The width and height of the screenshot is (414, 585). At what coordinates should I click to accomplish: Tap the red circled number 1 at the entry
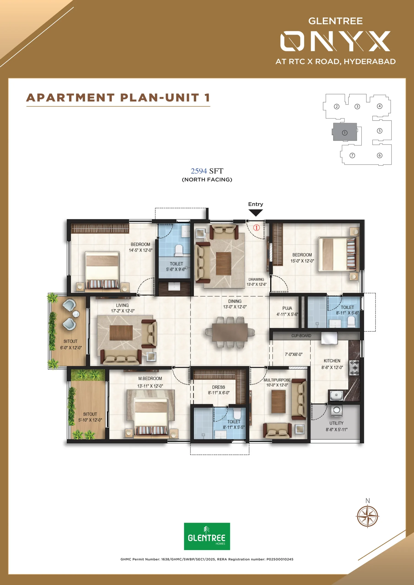click(x=256, y=228)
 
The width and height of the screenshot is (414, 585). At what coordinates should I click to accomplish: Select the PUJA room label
click(x=287, y=308)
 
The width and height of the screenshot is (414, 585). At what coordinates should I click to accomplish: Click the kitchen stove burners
click(x=354, y=368)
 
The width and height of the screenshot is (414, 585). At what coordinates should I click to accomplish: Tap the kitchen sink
click(x=336, y=395)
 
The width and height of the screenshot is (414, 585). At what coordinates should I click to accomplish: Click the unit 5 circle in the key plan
click(x=379, y=131)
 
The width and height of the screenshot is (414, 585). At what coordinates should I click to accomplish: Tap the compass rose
click(x=367, y=516)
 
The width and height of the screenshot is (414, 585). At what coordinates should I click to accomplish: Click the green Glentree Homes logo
click(x=207, y=536)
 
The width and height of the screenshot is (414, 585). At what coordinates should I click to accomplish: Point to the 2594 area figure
click(x=199, y=171)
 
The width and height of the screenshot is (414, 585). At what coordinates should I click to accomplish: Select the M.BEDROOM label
click(x=150, y=379)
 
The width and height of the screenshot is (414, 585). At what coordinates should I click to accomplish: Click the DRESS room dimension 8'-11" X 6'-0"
click(x=219, y=393)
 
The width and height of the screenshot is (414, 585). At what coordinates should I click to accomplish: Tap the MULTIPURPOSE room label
click(x=277, y=380)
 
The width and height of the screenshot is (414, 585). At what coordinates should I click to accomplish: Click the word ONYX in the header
click(x=335, y=41)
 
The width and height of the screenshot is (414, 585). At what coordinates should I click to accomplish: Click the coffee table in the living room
click(x=121, y=333)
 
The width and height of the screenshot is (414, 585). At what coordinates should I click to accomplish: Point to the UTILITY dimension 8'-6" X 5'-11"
click(x=336, y=429)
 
